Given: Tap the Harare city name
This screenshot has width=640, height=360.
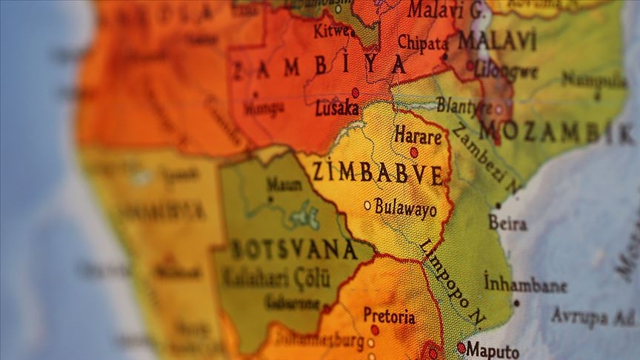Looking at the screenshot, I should point(418,136).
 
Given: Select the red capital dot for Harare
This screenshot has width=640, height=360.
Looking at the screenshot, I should point(414,152).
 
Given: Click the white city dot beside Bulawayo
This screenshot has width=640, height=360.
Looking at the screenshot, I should point(367,205).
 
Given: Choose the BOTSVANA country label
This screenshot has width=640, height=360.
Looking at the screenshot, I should point(294,250).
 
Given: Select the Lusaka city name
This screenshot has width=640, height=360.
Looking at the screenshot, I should point(337,109).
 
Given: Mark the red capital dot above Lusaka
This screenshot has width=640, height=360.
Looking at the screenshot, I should point(355,93).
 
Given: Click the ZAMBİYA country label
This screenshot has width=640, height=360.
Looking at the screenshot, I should point(320,67).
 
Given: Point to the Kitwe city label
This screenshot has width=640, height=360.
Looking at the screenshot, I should point(333,32).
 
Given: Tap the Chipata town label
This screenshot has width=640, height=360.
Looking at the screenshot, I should point(423,42).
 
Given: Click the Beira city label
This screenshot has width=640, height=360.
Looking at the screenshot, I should point(508,223).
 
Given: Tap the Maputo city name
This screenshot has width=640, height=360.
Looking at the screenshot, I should point(493,350).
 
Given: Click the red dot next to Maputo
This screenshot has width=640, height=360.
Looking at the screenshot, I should point(461,347).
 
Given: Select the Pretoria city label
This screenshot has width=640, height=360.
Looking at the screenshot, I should point(389,316).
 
